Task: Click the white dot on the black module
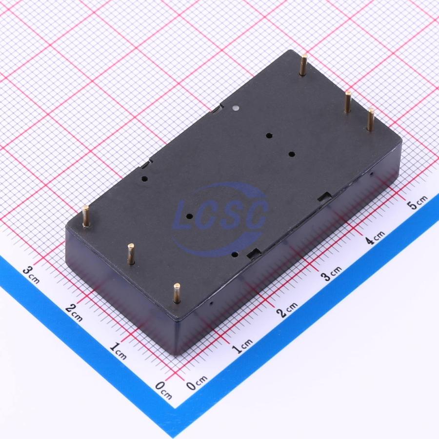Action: pos(236,107)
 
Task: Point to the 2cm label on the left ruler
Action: pos(74,312)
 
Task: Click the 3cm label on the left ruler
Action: pos(31,274)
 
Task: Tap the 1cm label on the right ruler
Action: pos(242,346)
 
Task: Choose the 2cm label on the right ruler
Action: pos(287,309)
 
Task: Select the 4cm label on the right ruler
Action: pos(375,238)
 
